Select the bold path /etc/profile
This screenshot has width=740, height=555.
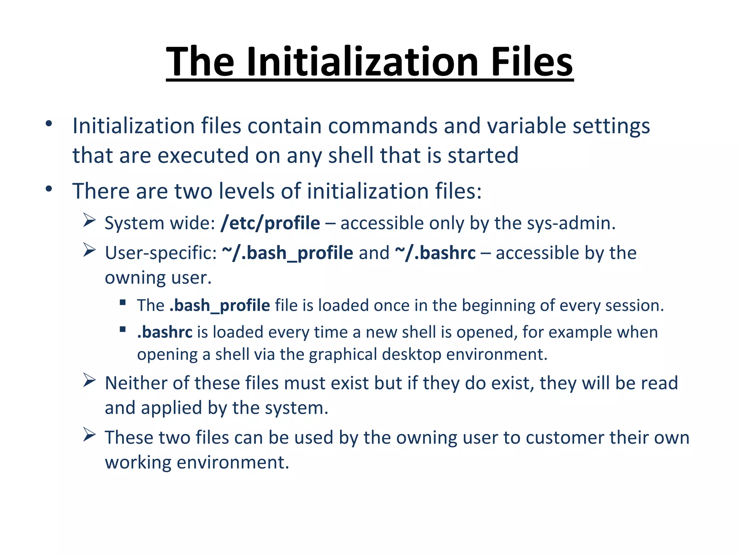coord(270,223)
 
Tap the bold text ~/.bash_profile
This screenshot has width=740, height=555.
coord(288,253)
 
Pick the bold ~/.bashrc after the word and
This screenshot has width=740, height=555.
coord(435,253)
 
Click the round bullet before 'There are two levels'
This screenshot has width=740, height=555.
coord(49,189)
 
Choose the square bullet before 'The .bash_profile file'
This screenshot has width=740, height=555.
coord(123,302)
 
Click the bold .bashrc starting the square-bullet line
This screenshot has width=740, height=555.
coord(165,332)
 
